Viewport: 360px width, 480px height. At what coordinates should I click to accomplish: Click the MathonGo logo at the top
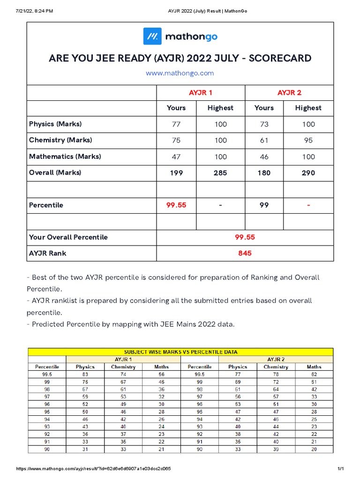[180, 36]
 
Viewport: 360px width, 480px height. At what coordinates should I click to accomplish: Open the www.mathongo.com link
[180, 73]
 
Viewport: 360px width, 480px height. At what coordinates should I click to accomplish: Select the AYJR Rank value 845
[245, 253]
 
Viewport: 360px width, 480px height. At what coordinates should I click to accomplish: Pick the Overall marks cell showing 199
[176, 172]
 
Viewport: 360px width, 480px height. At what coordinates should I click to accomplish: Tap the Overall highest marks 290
[308, 172]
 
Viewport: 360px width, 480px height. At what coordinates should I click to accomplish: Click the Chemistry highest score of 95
[308, 140]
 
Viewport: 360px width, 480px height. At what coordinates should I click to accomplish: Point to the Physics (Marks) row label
[55, 124]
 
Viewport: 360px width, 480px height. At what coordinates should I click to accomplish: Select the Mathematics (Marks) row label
[65, 157]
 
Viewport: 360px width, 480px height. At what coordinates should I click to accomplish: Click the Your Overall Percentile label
[68, 237]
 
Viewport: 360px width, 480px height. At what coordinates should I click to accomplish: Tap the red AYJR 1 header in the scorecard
[201, 93]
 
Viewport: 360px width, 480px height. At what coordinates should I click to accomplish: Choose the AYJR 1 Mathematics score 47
[176, 157]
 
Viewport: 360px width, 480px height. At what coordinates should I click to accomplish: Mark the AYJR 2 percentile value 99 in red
[264, 205]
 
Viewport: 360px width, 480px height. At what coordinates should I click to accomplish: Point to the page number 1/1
[341, 469]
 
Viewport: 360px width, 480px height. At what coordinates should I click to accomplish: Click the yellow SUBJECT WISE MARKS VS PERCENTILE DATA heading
[180, 352]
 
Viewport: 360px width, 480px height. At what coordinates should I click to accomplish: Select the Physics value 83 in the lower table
[85, 375]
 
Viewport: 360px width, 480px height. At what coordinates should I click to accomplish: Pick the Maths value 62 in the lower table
[314, 375]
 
